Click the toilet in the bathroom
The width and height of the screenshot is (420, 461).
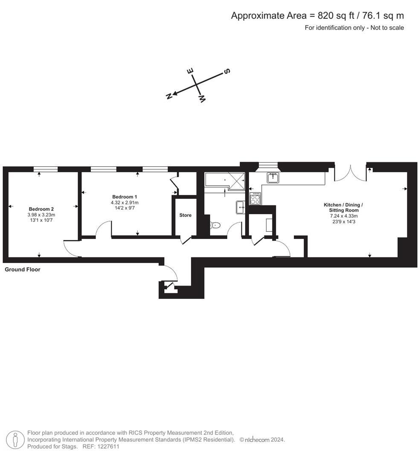[x=215, y=225]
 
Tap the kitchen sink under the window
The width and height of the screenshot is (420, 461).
[x=273, y=177]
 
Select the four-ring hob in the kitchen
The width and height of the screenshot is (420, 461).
[x=255, y=198]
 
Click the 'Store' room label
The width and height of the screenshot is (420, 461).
[x=185, y=215]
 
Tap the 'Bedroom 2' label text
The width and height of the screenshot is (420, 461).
[x=41, y=209]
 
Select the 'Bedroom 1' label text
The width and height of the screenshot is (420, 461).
[x=125, y=196]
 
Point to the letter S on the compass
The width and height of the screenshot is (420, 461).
[x=227, y=71]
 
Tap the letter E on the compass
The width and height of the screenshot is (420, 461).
[x=191, y=71]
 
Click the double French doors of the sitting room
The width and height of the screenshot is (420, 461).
[x=350, y=173]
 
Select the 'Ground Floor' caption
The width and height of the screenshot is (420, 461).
[x=22, y=269]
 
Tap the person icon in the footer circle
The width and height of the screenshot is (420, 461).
[x=16, y=439]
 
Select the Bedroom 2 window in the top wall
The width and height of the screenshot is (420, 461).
[x=46, y=169]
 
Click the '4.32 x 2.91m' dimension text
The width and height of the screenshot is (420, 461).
[x=125, y=202]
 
